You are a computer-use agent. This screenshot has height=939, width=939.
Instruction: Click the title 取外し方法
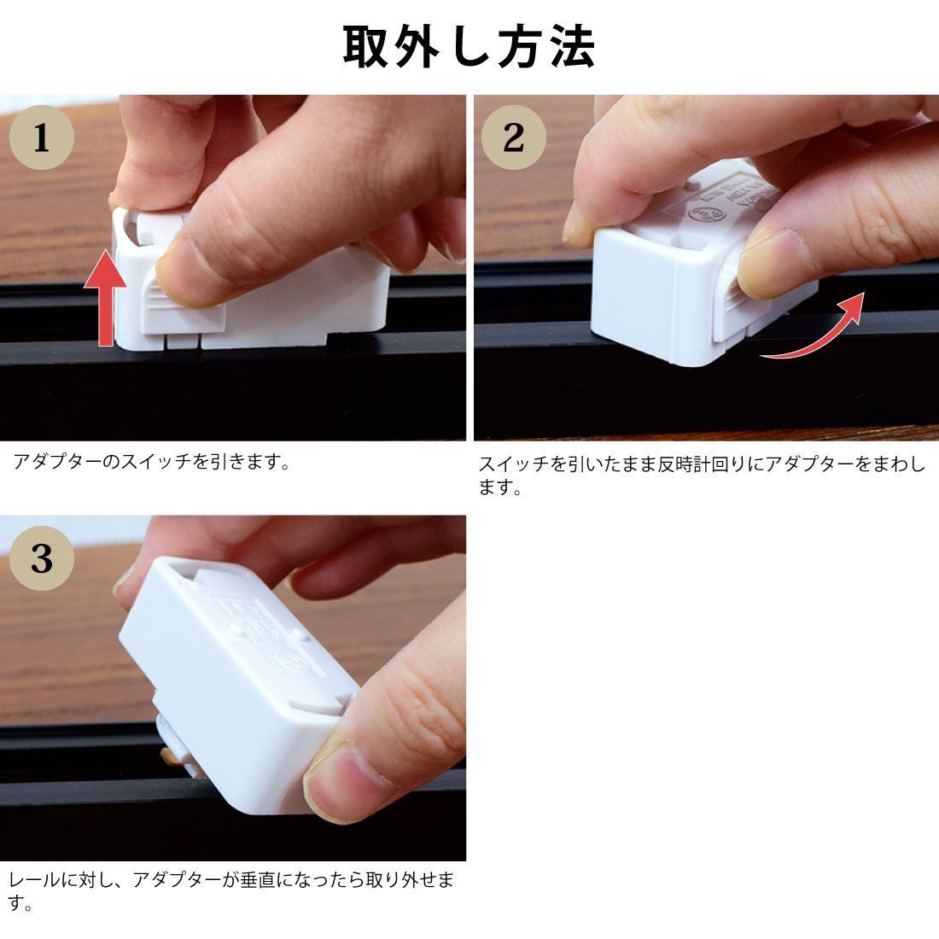pos(469,47)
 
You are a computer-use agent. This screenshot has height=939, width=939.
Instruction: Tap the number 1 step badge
pos(41,137)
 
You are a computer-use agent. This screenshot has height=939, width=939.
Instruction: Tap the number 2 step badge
pos(513,137)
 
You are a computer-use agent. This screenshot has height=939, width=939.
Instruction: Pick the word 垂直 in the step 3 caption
pos(261,880)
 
